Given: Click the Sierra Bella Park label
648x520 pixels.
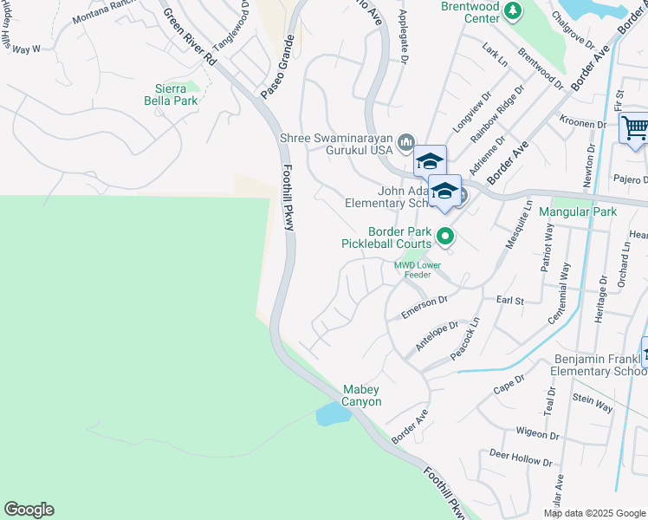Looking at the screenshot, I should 171,94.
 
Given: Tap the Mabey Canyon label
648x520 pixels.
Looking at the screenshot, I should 362,395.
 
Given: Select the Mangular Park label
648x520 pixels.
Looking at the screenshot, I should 577,211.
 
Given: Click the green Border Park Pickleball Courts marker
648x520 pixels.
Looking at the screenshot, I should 445,236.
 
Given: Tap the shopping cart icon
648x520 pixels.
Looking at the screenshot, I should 634,128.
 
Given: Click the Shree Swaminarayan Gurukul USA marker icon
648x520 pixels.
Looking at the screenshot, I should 407,141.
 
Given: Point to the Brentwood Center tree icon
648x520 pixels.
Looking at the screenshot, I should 514,10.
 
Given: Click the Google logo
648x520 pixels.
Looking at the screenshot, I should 29,510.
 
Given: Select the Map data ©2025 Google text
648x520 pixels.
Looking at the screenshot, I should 593,513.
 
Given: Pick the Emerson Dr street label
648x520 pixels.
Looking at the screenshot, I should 424,306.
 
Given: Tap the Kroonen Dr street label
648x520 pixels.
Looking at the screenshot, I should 583,124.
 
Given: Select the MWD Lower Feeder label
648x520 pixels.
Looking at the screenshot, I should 418,270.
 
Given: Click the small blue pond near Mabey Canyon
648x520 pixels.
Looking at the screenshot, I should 333,414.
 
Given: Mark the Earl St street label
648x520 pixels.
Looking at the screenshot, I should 511,300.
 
